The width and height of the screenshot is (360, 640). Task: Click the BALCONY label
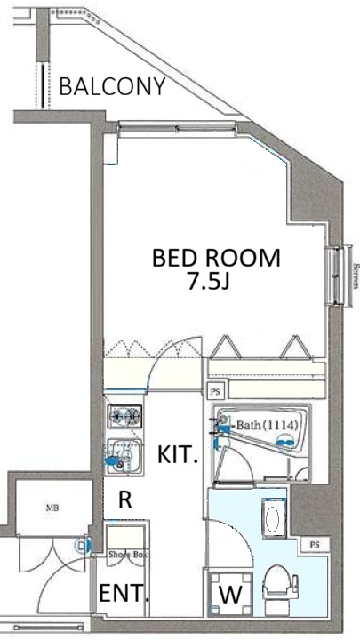112,86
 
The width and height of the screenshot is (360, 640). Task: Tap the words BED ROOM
216,259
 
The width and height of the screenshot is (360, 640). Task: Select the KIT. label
178,456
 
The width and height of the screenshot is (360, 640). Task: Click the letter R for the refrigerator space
125,500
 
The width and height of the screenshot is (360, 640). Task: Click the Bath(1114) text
267,427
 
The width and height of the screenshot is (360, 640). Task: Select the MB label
52,509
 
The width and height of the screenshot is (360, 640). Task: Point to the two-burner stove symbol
124,416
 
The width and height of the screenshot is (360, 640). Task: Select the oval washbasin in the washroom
271,519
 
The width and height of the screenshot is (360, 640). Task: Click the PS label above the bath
215,391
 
